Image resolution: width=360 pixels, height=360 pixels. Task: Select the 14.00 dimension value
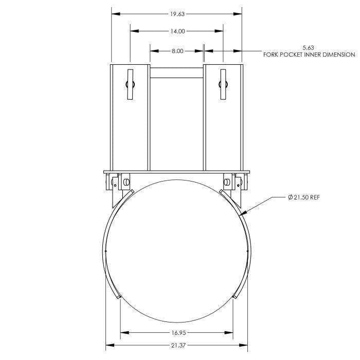coord(177,31)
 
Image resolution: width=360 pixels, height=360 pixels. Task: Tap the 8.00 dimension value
coord(177,50)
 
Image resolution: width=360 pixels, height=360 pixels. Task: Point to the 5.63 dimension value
coord(308,47)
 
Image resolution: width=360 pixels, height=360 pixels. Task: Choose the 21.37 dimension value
coord(176,345)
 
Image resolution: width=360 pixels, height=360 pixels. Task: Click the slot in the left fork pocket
coord(130,83)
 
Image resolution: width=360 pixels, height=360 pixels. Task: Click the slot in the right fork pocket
coord(224,83)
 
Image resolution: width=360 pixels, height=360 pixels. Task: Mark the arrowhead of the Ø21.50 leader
coord(240,213)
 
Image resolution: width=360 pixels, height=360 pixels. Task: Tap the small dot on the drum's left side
coord(105,251)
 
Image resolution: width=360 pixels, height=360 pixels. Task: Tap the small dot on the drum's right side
coord(248,251)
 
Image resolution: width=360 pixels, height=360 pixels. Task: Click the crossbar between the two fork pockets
coord(177,73)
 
